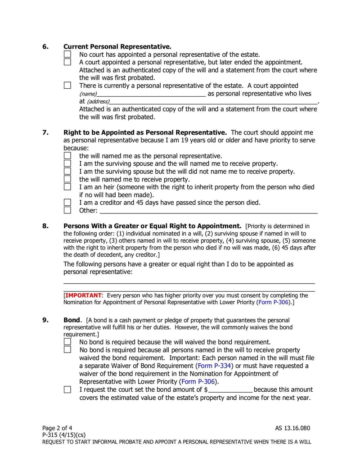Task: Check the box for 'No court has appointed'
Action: (67, 54)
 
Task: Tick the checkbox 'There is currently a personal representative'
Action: (67, 85)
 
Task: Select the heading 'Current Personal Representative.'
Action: (117, 46)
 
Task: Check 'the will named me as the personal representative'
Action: (67, 155)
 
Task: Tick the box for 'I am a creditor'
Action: (67, 202)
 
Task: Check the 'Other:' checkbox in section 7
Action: (67, 210)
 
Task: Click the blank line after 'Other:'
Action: (208, 211)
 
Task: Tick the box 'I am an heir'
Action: (67, 186)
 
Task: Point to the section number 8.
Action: (45, 226)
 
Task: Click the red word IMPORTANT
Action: (84, 295)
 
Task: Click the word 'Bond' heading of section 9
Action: (72, 320)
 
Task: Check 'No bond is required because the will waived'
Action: (67, 342)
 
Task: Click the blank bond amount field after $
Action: (230, 390)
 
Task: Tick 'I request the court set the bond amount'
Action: (67, 389)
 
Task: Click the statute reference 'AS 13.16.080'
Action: (292, 428)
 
